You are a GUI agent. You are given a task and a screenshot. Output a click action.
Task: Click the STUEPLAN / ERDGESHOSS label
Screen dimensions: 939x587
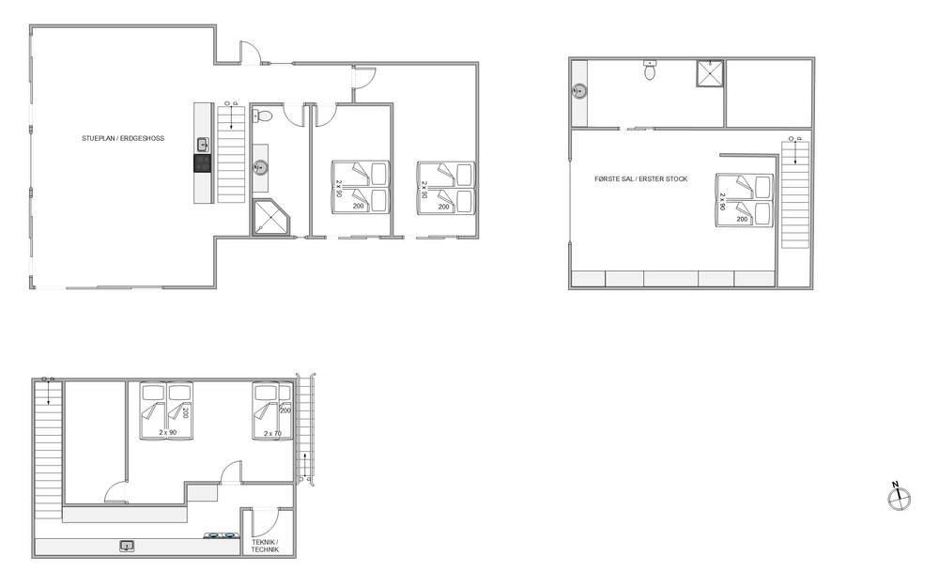[x=123, y=138]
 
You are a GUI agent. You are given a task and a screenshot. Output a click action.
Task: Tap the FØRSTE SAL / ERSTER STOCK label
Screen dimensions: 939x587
[x=640, y=179]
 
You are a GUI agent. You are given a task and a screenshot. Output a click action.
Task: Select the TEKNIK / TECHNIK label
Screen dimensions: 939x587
[x=265, y=546]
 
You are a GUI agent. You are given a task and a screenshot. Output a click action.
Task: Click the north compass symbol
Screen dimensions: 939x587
[x=899, y=498]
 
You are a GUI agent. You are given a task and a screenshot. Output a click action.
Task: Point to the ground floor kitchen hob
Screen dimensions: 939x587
[x=203, y=163]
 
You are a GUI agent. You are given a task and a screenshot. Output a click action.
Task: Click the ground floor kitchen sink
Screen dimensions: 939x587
[x=203, y=145]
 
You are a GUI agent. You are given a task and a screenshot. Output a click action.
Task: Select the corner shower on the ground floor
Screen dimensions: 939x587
[x=270, y=217]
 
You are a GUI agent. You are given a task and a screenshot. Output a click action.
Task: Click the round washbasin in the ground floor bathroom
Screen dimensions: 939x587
[x=260, y=167]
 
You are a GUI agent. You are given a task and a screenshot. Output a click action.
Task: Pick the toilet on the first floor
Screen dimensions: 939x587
[x=651, y=70]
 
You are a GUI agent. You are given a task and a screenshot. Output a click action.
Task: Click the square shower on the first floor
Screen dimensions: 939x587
[x=710, y=73]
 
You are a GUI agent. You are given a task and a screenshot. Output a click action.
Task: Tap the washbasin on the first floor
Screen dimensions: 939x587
[x=578, y=91]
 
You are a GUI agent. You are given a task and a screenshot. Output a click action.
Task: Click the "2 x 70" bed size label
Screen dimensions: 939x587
[x=272, y=434]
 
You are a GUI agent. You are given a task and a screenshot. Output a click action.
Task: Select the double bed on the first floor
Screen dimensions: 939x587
[x=745, y=201]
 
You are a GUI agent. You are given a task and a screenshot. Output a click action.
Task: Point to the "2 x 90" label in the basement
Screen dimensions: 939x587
[x=168, y=432]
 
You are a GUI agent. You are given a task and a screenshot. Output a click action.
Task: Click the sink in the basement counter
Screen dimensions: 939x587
[x=127, y=546]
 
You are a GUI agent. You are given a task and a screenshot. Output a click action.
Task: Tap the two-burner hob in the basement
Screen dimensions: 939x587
[x=220, y=535]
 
